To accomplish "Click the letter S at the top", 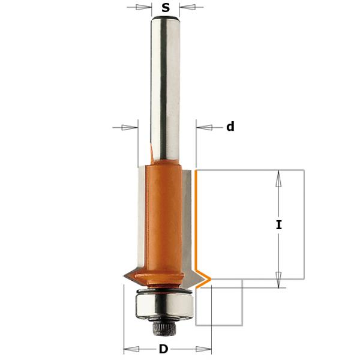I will coord(166,8).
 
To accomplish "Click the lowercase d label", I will coord(230,127).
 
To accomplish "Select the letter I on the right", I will coord(278,225).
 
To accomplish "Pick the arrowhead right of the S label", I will coord(188,8).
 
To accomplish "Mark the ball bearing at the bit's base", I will coord(163,302).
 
